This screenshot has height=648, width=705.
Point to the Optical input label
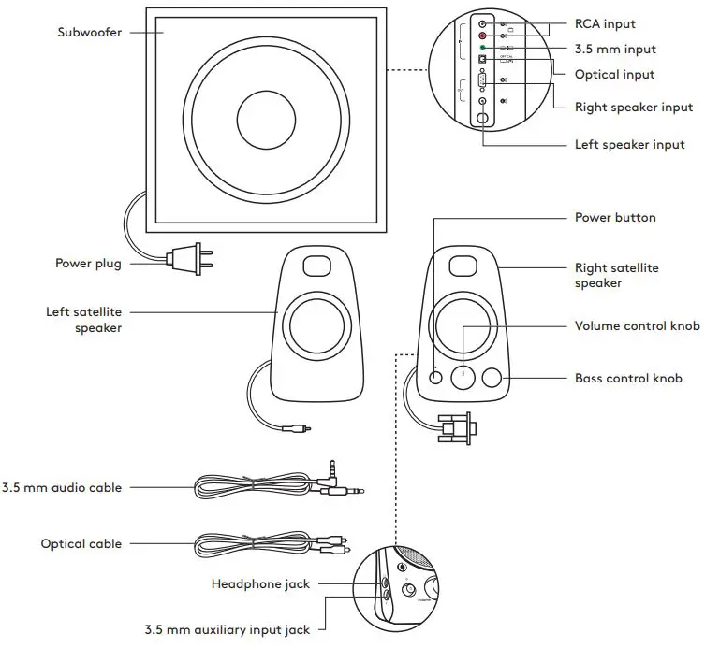point(614,74)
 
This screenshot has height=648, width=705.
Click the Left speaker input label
point(629,145)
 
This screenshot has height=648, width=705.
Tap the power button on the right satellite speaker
point(436,377)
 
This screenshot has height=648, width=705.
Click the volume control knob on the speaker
point(464,377)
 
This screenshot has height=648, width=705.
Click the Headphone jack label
point(259,584)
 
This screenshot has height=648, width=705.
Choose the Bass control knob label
point(627,379)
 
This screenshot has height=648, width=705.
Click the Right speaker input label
point(633,107)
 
